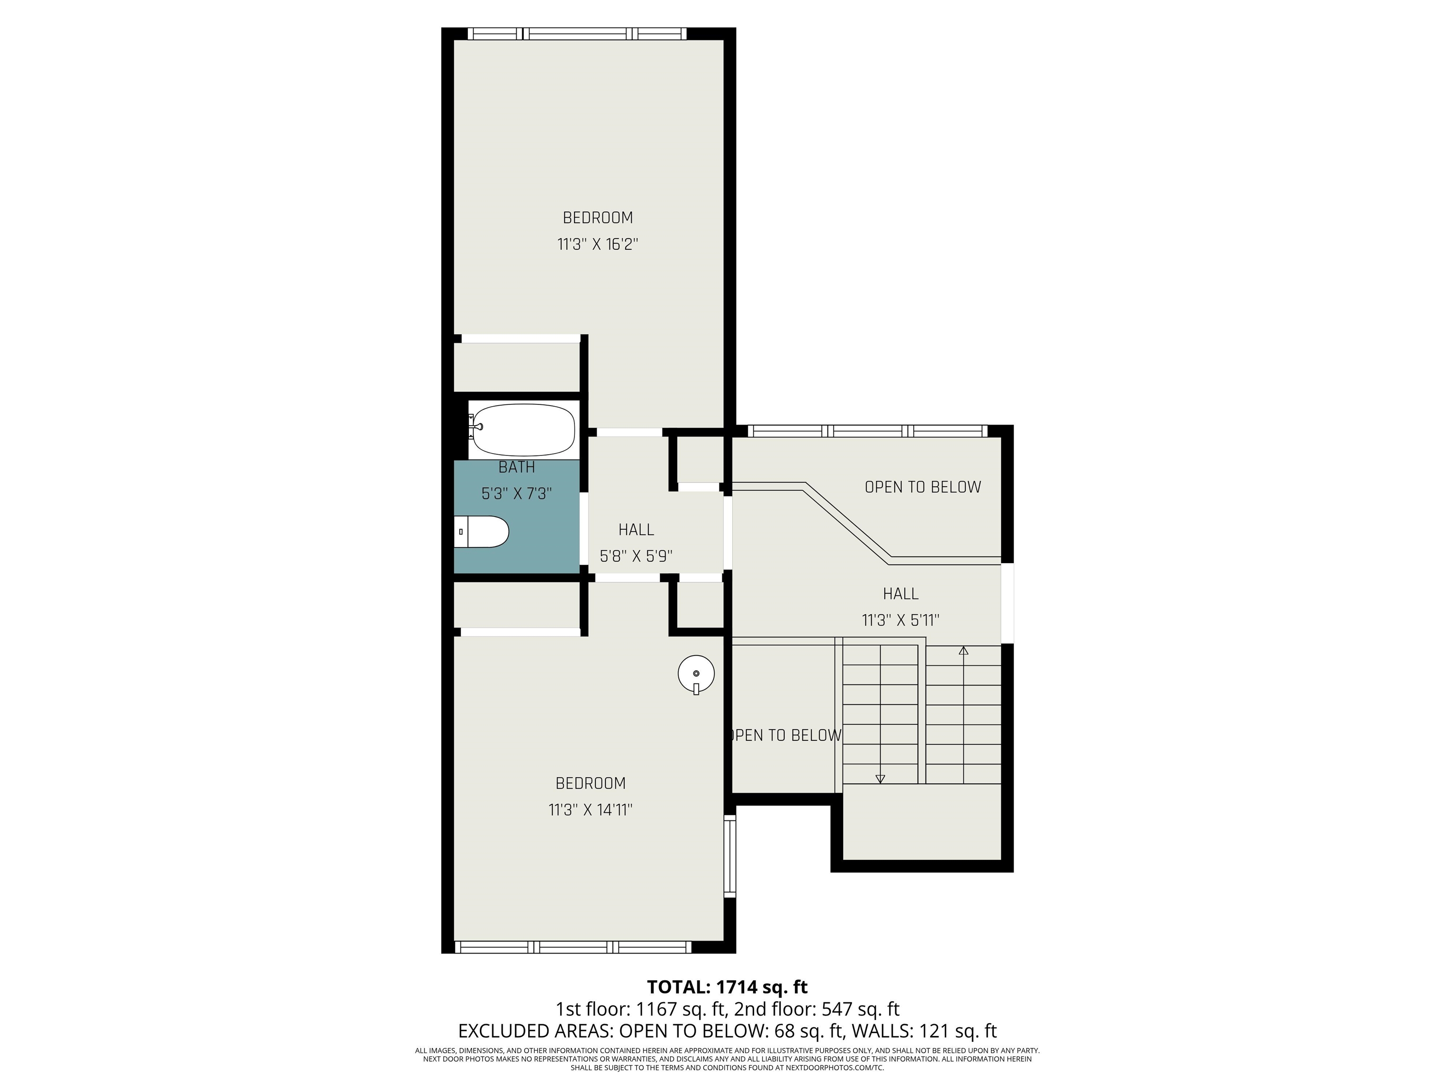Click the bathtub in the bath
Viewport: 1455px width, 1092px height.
click(523, 430)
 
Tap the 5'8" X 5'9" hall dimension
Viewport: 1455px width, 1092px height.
click(636, 557)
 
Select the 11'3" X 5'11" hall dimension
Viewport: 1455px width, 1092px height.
click(900, 620)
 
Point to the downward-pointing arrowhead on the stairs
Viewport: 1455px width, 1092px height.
click(880, 779)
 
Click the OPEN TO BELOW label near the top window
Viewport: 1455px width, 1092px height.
click(923, 487)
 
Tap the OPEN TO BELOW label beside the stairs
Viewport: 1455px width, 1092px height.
click(784, 735)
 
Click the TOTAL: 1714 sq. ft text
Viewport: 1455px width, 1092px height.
click(727, 987)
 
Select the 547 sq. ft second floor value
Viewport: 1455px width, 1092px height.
click(861, 1009)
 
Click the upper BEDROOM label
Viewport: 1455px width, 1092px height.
click(598, 218)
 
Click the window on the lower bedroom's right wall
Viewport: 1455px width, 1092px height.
click(729, 856)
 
